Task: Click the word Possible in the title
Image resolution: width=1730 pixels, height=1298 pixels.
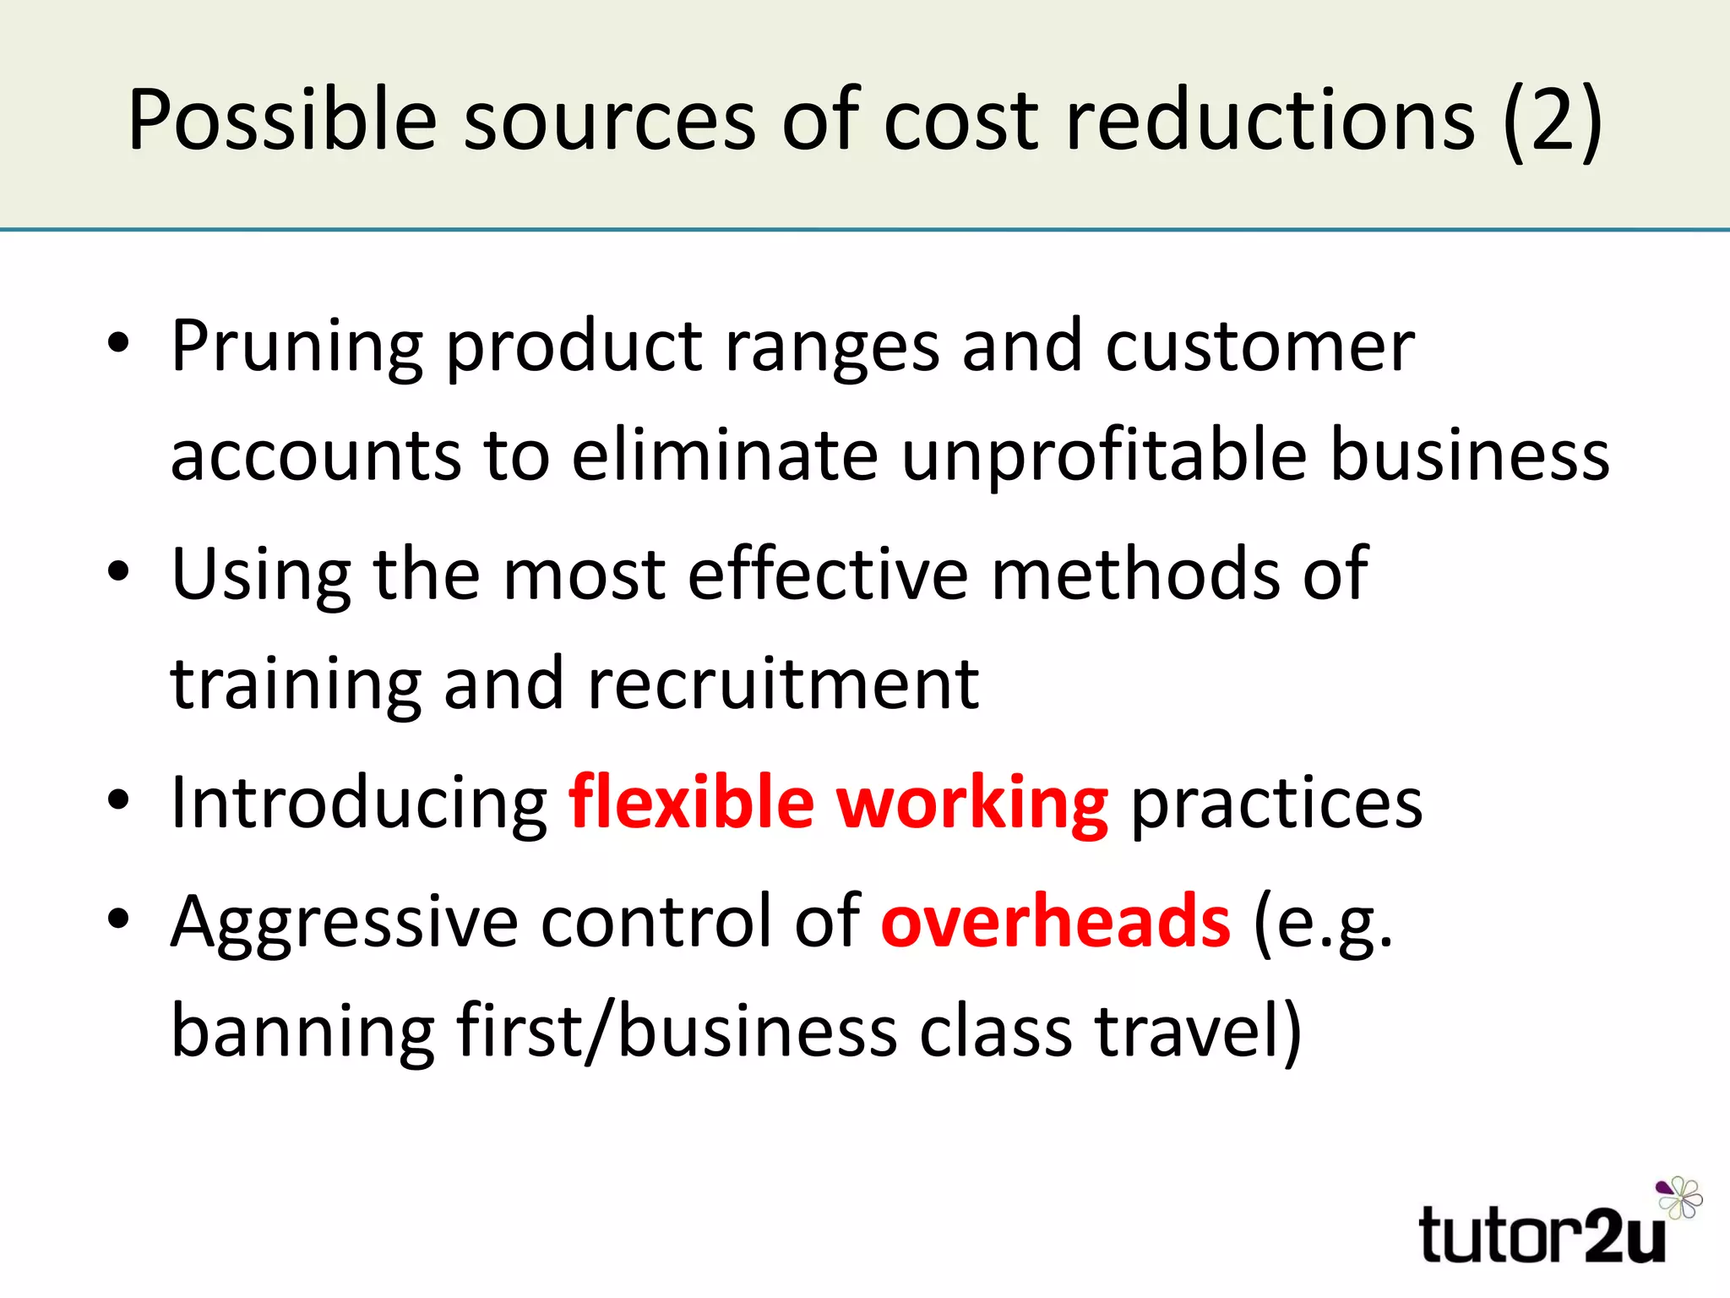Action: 282,120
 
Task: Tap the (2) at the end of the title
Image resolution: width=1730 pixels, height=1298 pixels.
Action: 1553,120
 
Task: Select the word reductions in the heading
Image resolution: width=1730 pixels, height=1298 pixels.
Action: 1270,120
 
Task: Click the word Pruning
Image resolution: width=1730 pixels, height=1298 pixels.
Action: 296,346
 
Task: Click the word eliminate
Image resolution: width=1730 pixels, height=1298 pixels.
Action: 725,456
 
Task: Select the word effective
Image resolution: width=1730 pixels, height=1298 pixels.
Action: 828,575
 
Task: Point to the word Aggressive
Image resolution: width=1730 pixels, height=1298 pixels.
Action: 345,923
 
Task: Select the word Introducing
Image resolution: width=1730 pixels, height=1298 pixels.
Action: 360,803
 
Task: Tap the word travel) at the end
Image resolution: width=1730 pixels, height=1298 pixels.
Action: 1199,1033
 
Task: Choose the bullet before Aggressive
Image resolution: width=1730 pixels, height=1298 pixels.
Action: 119,919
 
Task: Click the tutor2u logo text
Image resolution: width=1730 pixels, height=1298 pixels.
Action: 1542,1235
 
